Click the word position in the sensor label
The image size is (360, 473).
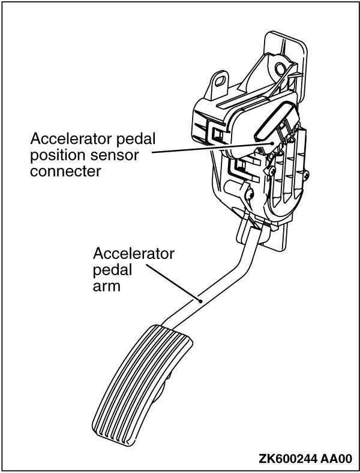(52, 155)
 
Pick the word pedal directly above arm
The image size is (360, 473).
(113, 270)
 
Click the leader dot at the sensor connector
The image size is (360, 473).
(275, 144)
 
